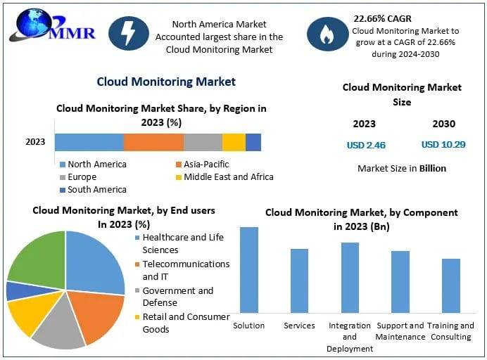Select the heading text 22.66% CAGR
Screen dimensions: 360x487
(x=383, y=18)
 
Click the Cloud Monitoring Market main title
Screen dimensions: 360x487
(x=166, y=82)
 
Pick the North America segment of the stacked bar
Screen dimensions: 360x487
(x=89, y=142)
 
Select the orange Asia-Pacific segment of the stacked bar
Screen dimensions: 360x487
(x=153, y=142)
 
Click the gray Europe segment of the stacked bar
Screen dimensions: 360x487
(x=203, y=142)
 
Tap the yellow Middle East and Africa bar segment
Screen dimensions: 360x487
(x=234, y=142)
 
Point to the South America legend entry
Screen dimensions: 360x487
(x=96, y=189)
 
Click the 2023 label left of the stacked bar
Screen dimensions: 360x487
(x=35, y=142)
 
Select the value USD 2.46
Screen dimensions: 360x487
(x=366, y=146)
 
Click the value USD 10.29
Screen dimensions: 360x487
(x=443, y=146)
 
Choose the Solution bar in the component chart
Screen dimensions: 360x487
(x=249, y=269)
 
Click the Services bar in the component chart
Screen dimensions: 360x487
(x=299, y=281)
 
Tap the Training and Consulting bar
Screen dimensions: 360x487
(x=451, y=285)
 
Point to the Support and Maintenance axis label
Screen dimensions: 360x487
(x=400, y=331)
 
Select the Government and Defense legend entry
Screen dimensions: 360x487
(x=178, y=297)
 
